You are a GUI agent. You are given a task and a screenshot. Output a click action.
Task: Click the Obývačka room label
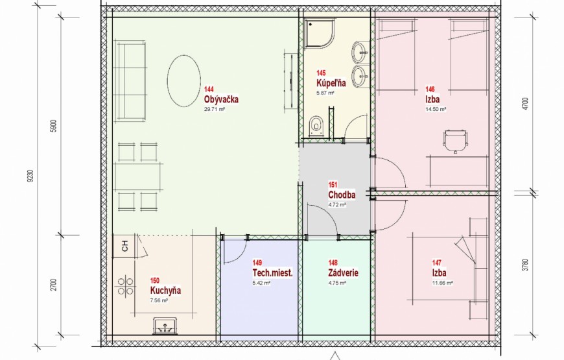(221, 99)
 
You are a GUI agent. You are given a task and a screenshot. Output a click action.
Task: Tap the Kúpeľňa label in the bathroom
(331, 83)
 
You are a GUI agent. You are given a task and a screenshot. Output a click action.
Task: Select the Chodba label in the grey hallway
(342, 195)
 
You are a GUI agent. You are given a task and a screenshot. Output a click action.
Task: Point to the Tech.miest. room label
(273, 273)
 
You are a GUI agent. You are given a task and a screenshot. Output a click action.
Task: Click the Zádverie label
(343, 273)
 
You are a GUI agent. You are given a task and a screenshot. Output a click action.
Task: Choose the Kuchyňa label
(165, 290)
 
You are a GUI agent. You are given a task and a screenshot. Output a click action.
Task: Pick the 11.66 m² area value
(442, 283)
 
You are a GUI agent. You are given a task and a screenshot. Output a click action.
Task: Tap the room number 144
(209, 90)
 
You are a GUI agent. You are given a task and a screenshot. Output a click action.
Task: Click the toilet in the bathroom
(316, 125)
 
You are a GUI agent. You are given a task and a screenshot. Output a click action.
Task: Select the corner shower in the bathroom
(320, 34)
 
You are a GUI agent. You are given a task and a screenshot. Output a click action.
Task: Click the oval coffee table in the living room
(183, 80)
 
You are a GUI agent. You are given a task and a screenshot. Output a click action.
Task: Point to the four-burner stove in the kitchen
(125, 286)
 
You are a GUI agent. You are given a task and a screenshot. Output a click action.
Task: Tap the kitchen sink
(165, 326)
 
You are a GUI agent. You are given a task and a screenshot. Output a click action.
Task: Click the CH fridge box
(124, 246)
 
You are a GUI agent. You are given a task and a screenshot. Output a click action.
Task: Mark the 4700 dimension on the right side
(525, 104)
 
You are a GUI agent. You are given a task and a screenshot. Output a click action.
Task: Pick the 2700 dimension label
(54, 284)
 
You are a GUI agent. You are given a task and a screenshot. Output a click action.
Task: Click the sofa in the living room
(130, 80)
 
